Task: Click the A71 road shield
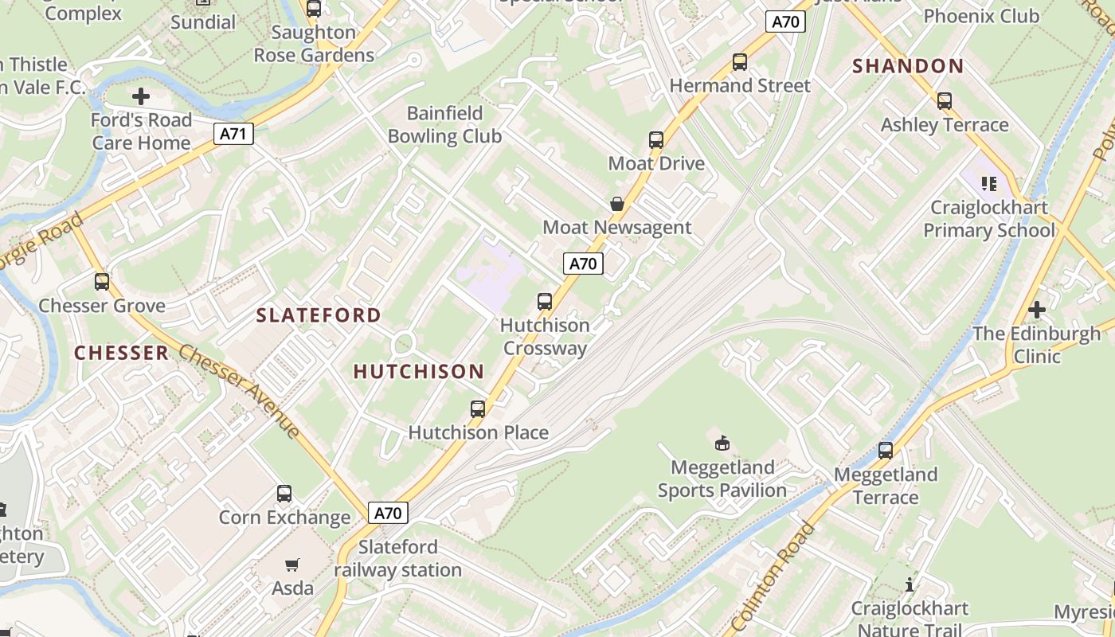[233, 134]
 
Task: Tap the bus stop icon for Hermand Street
[740, 62]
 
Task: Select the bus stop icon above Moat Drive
[656, 140]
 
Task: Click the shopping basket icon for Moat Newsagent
[617, 204]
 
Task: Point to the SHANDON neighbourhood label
[908, 66]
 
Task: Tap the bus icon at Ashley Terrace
[945, 101]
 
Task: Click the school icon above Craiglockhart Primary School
[989, 184]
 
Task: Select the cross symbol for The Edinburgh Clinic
[1036, 310]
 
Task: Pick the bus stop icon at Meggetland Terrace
[886, 451]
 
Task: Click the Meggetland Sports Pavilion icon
[722, 443]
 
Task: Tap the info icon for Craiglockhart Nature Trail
[910, 585]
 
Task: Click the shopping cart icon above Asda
[292, 565]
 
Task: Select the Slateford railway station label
[397, 558]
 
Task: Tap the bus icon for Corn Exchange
[284, 494]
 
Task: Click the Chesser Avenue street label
[239, 391]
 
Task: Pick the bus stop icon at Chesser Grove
[102, 282]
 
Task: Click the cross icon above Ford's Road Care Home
[141, 97]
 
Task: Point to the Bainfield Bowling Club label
[444, 124]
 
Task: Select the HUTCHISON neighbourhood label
[418, 371]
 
